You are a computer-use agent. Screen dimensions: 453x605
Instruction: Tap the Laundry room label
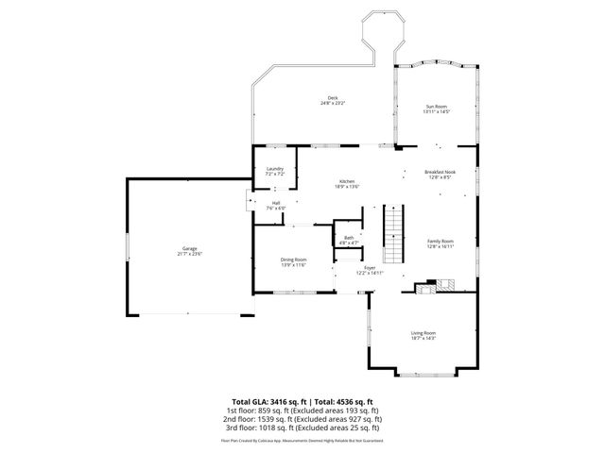(x=275, y=169)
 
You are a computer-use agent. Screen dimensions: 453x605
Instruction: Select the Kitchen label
(x=346, y=180)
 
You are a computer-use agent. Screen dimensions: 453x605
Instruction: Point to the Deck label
(x=332, y=97)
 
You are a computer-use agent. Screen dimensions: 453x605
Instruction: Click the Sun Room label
(x=436, y=107)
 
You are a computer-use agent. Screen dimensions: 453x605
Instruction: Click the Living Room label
(x=423, y=332)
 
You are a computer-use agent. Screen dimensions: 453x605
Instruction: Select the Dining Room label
(x=293, y=260)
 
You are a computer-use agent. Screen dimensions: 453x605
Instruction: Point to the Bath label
(x=349, y=238)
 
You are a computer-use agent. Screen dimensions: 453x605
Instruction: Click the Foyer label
(x=370, y=268)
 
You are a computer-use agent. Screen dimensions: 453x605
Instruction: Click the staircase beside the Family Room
(x=393, y=237)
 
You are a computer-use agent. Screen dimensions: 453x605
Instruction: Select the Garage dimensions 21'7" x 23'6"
(x=189, y=254)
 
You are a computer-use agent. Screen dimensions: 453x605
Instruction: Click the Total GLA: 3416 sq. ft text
(x=268, y=401)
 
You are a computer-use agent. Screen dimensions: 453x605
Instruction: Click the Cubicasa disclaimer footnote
(x=302, y=440)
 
